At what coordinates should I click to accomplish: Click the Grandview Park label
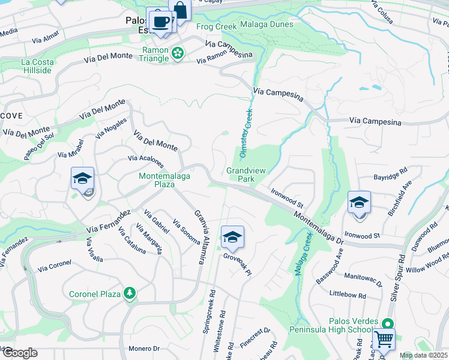pos(241,175)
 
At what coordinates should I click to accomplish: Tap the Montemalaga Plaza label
pos(157,180)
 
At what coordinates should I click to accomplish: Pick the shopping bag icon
pos(179,10)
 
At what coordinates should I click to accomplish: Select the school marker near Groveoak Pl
pos(232,237)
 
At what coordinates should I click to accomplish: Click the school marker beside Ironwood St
pos(359,202)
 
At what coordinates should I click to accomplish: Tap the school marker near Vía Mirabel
pos(82,178)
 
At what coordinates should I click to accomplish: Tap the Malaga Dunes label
pos(267,25)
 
